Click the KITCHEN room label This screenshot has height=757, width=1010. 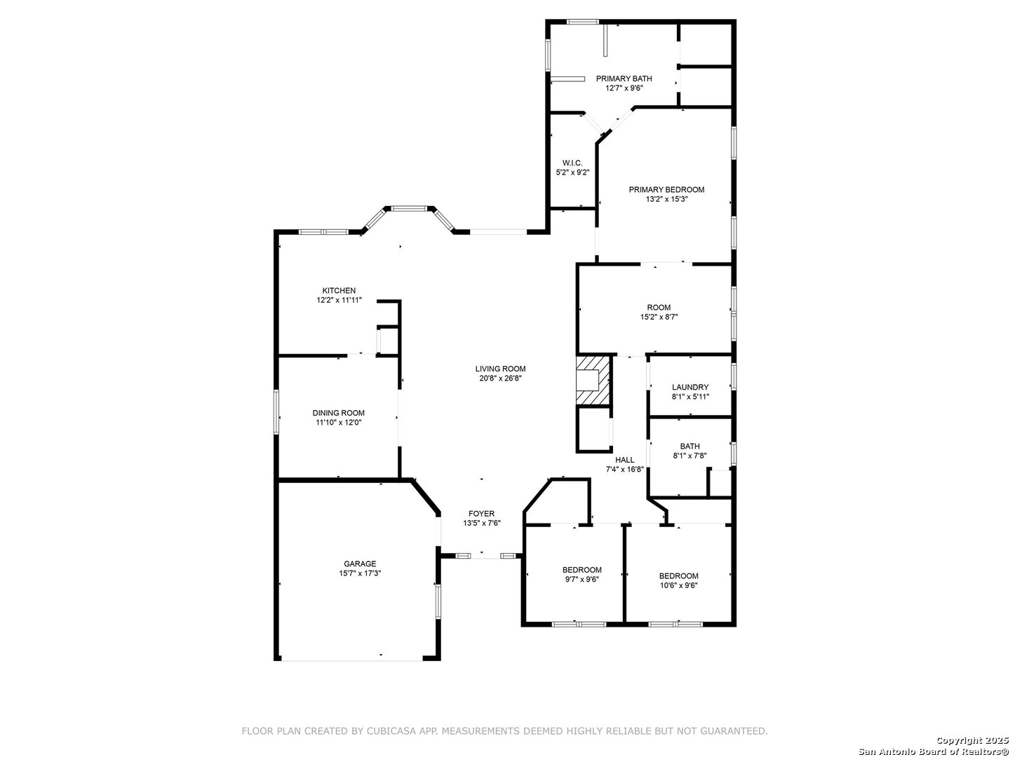coord(339,290)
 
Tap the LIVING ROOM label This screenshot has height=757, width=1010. coord(500,369)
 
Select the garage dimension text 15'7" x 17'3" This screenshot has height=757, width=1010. coord(360,573)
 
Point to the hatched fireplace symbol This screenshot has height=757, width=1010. coord(593,381)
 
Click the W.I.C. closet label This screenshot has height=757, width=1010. coord(572,163)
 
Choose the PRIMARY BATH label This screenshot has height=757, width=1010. coord(624,79)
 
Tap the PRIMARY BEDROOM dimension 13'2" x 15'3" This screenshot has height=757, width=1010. coord(667,199)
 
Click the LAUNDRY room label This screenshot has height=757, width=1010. coord(690,387)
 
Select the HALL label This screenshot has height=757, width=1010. coord(625,460)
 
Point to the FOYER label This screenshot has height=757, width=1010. coord(482,513)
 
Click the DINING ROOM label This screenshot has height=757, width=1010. coord(339,413)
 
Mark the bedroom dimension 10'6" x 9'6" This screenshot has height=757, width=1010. coord(679,585)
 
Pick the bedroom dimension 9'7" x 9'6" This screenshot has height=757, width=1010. coord(582,579)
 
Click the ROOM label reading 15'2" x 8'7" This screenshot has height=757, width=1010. coord(659,307)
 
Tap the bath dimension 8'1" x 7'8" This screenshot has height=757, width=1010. coord(689,456)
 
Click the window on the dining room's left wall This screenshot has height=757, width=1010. coord(276,412)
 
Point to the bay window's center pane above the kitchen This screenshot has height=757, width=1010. coord(410,209)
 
